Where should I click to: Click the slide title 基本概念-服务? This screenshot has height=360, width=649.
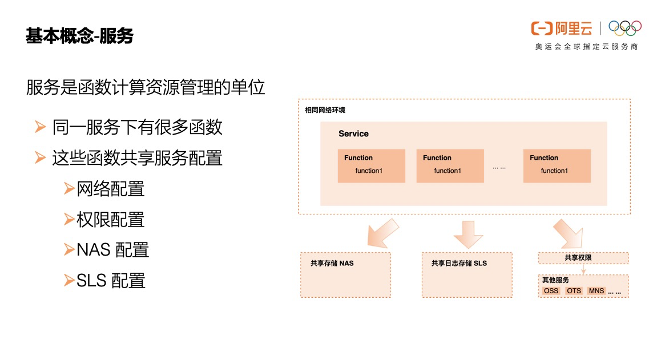click(x=79, y=36)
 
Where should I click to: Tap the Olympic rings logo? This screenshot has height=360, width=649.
click(x=624, y=28)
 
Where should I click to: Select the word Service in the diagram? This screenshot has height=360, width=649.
click(x=353, y=134)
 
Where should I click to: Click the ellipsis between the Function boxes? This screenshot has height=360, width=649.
click(x=499, y=167)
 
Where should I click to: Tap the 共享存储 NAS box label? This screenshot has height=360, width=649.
click(x=332, y=264)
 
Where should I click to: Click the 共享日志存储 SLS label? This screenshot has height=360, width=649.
click(x=459, y=264)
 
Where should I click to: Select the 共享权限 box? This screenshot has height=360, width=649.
click(x=583, y=258)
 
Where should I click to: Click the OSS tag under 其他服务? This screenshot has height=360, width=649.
click(x=551, y=291)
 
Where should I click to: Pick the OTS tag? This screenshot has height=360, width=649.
click(x=574, y=291)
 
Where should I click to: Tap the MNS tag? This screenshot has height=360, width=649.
click(x=596, y=291)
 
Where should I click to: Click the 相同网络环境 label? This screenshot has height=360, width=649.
click(x=325, y=110)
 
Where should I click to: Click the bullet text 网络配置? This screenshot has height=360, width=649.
click(x=111, y=189)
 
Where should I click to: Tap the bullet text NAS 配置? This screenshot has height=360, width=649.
click(x=112, y=250)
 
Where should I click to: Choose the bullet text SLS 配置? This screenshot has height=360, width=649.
click(x=111, y=281)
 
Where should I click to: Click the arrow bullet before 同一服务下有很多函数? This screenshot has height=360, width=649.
click(x=39, y=127)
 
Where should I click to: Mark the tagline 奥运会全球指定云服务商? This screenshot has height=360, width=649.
click(x=586, y=47)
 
